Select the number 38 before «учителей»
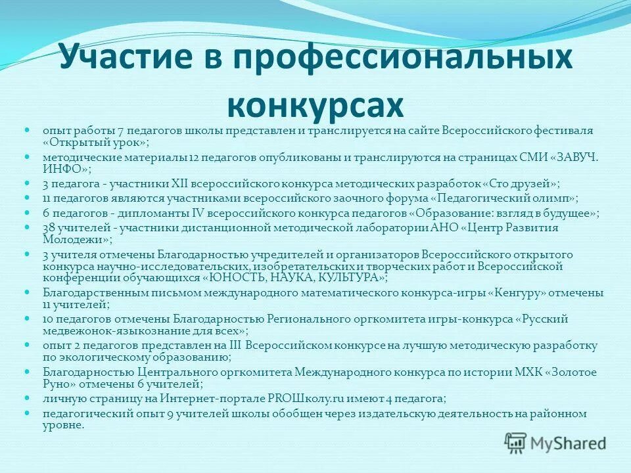pyautogui.click(x=49, y=227)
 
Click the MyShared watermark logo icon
pyautogui.click(x=515, y=441)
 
